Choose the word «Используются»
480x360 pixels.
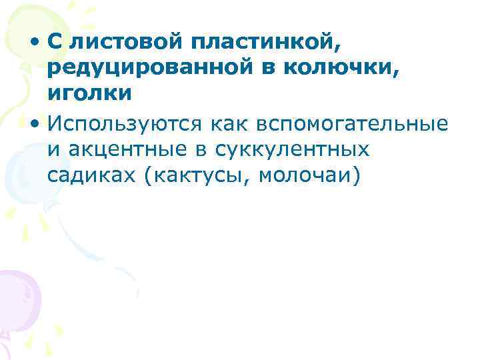[x=116, y=124]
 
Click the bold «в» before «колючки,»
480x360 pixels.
[x=274, y=69]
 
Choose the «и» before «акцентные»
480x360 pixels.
[x=53, y=151]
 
